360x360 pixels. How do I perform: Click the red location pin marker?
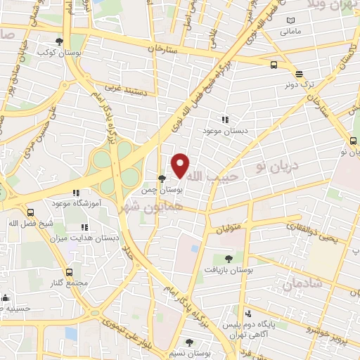(181, 165)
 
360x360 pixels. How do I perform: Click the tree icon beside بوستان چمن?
(162, 179)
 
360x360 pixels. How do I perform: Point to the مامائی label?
(290, 32)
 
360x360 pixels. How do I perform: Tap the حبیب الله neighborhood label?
(215, 176)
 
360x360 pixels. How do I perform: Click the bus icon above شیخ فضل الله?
(30, 212)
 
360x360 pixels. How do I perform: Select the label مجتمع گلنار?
(69, 283)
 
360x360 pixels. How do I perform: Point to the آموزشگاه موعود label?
(77, 202)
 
